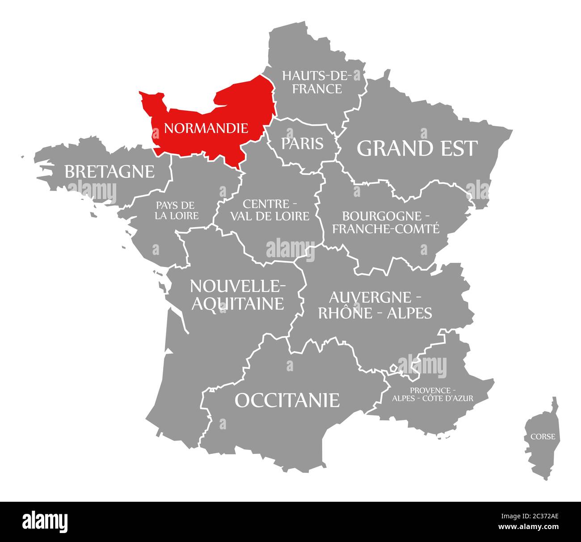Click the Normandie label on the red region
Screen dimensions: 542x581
(x=206, y=129)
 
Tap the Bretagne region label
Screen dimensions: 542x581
(x=109, y=171)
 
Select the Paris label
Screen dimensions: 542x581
(x=302, y=144)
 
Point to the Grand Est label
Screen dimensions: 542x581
(x=417, y=148)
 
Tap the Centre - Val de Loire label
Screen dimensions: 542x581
(x=269, y=210)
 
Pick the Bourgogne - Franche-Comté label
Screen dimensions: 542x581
(x=386, y=222)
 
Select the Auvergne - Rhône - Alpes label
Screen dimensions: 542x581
(x=375, y=305)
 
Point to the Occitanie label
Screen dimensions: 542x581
(x=287, y=400)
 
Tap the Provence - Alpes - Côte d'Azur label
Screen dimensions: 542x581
(x=433, y=394)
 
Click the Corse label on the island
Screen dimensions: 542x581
(x=543, y=436)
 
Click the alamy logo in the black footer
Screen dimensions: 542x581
(x=45, y=521)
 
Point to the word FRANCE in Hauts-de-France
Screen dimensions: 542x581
(x=317, y=89)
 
